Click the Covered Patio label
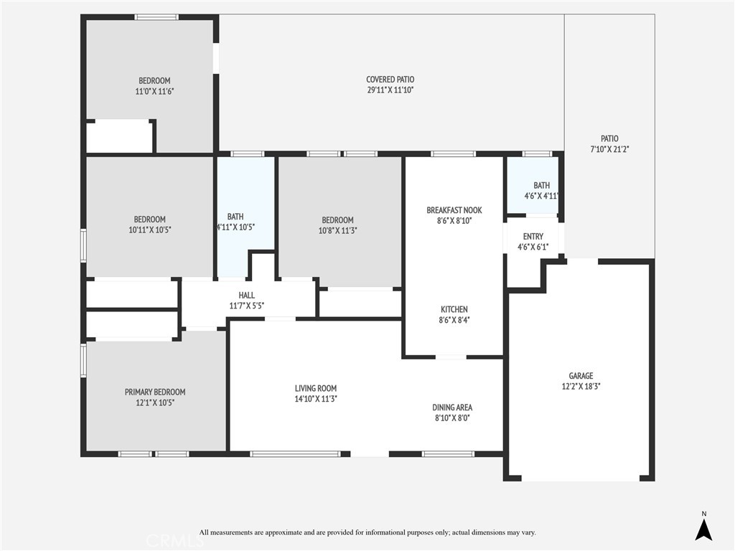pos(390,80)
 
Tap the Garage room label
pos(581,376)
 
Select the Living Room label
pos(316,388)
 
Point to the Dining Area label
pos(452,408)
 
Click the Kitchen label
pos(454,310)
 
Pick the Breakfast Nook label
pos(454,210)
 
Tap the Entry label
pos(533,237)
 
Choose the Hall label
pos(247,295)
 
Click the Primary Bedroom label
pos(155,392)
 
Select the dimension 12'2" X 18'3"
pos(581,387)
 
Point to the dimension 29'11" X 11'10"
pos(390,90)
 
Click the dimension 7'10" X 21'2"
pos(609,149)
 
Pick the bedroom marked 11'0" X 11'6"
pos(150,85)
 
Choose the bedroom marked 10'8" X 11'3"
pos(340,221)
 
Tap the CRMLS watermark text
pos(175,541)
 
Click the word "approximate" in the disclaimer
pos(283,532)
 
